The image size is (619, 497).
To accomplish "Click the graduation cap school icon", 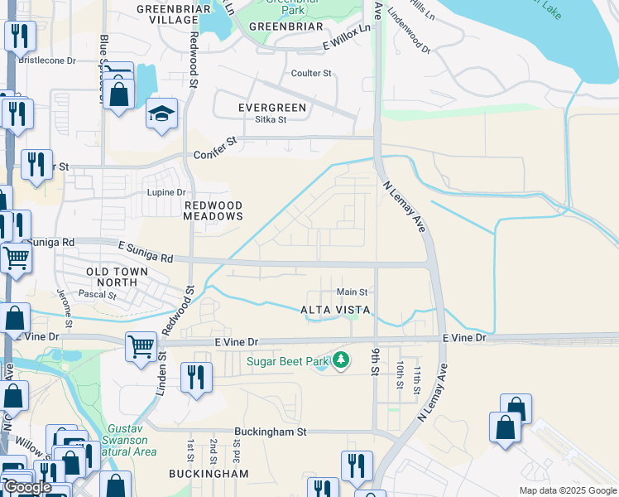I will click(x=161, y=115).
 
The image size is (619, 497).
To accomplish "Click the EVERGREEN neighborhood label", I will click(x=272, y=108).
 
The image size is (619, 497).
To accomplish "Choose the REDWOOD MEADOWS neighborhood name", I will click(x=214, y=210).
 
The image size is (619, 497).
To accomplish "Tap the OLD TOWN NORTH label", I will click(x=117, y=277).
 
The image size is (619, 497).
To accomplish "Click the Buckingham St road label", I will click(x=270, y=432).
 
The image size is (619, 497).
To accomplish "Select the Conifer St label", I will click(x=215, y=154).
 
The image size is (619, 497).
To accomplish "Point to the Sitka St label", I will click(x=271, y=119).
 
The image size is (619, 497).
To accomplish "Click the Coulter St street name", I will click(x=311, y=73).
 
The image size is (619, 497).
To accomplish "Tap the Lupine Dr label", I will click(x=166, y=192).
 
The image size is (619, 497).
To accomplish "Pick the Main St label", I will click(x=352, y=292).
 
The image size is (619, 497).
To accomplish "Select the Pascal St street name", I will click(x=96, y=294).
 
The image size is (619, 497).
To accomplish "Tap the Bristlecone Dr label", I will click(x=47, y=60).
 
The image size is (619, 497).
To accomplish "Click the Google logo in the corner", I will click(x=26, y=487).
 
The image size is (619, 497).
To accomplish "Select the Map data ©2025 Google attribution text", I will click(x=566, y=490).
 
